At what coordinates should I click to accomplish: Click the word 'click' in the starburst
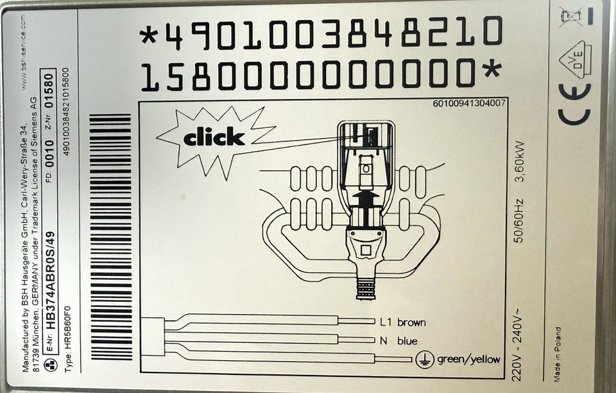pos(214,137)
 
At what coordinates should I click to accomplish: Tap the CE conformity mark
pos(574,104)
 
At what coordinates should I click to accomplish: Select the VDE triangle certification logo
pos(575,58)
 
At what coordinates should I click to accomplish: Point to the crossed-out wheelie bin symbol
pos(570,16)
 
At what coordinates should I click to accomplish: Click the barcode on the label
pos(110,236)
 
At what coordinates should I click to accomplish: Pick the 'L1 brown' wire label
pos(403,322)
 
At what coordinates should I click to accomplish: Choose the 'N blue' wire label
pos(398,341)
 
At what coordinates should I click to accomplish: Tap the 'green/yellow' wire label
pos(468,359)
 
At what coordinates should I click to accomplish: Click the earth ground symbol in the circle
pos(425,359)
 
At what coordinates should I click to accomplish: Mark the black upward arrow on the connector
pos(366,203)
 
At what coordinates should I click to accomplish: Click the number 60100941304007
pos(468,103)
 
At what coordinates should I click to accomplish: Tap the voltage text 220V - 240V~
pos(517,344)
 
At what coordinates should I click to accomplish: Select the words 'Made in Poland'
pos(558,354)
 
